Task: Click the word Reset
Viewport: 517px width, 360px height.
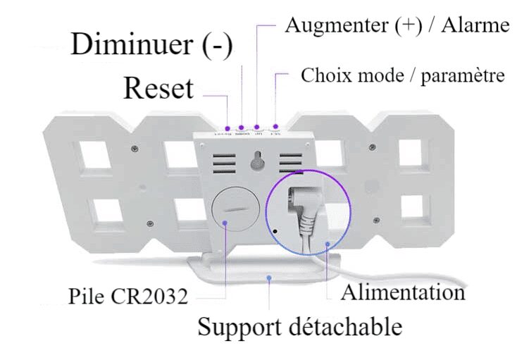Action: click(158, 89)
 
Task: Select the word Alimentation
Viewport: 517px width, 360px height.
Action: click(403, 292)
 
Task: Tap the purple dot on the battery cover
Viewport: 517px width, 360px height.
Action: click(225, 222)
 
